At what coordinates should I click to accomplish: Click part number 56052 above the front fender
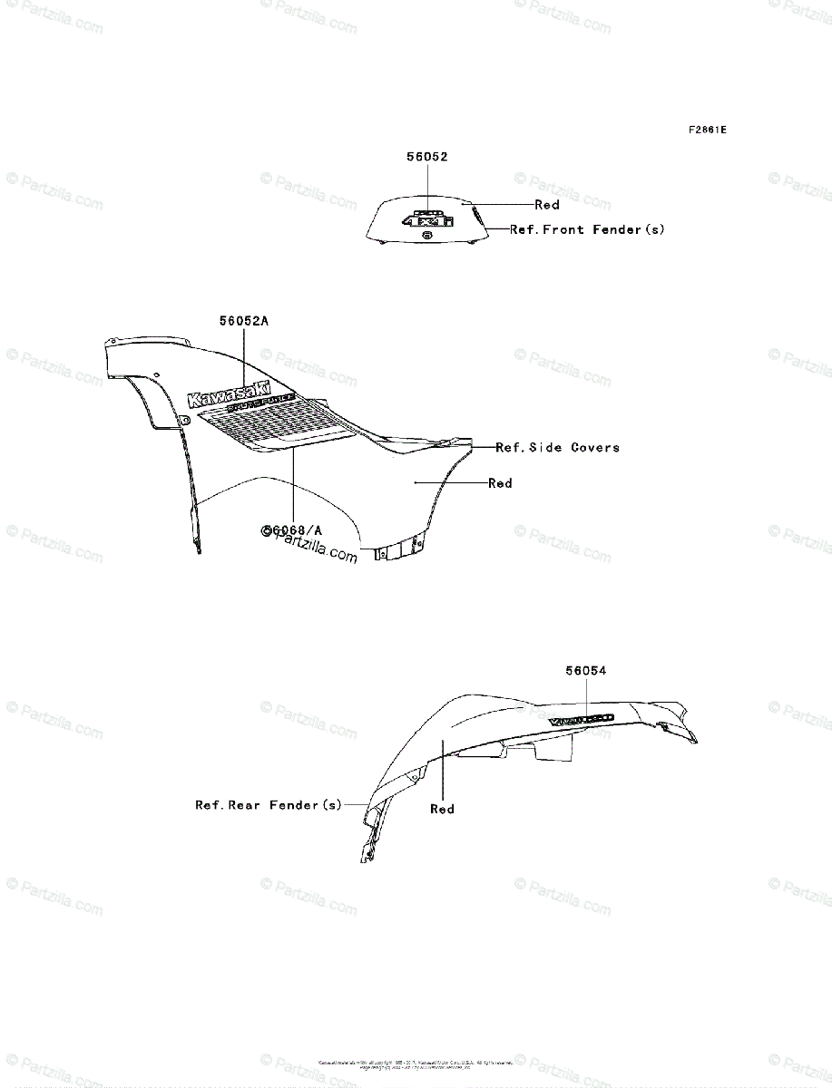tap(426, 156)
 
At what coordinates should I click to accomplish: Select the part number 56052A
tap(244, 320)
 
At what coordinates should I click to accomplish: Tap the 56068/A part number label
tap(293, 529)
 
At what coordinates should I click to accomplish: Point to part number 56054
tap(585, 671)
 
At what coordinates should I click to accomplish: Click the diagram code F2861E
tap(707, 130)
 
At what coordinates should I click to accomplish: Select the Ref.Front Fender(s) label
tap(587, 230)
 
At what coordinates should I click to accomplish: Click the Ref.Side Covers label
tap(558, 447)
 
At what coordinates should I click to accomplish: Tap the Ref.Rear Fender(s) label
tap(269, 804)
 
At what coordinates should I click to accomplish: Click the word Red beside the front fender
tap(547, 205)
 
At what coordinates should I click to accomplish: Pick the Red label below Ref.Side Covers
tap(500, 483)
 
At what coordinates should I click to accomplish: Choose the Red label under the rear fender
tap(442, 809)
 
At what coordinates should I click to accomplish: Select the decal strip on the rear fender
tap(581, 718)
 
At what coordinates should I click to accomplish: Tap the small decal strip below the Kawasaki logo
tap(263, 405)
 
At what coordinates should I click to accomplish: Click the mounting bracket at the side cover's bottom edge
tap(398, 550)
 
